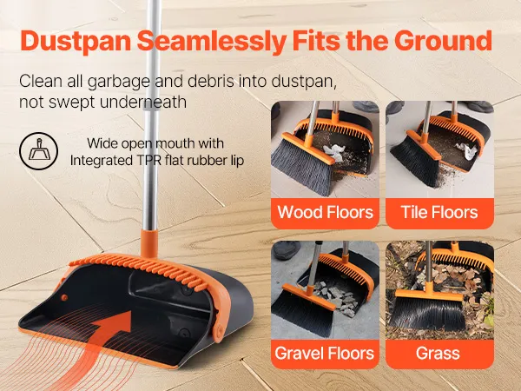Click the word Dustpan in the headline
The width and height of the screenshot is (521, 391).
pos(76,41)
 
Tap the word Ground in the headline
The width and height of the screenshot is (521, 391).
pos(443,41)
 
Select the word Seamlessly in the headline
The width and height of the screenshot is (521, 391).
pos(212,41)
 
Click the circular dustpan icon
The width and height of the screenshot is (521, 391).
pos(38,151)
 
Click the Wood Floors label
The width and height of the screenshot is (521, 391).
pos(326,212)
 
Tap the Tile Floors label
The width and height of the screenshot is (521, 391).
pos(439,212)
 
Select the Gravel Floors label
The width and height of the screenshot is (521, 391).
pos(324,353)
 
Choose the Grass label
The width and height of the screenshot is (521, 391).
pos(438,353)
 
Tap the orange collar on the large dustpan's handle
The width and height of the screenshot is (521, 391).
pos(149,243)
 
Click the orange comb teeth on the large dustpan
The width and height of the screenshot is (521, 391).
pos(140,266)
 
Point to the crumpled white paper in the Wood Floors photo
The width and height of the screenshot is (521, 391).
pos(334,152)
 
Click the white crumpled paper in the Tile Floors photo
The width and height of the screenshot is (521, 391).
pos(466,150)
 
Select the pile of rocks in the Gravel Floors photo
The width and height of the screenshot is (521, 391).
pos(335,297)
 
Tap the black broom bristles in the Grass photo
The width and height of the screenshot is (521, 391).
pos(428,315)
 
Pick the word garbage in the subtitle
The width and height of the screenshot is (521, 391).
pos(118,83)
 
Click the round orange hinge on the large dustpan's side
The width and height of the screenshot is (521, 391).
pos(219,332)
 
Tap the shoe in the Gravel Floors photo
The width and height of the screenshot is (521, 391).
pos(286,249)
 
